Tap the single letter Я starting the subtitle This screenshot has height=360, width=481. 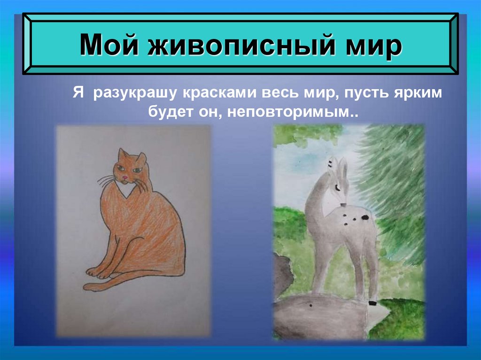pyautogui.click(x=77, y=93)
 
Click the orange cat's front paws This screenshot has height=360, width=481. pyautogui.click(x=96, y=272)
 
